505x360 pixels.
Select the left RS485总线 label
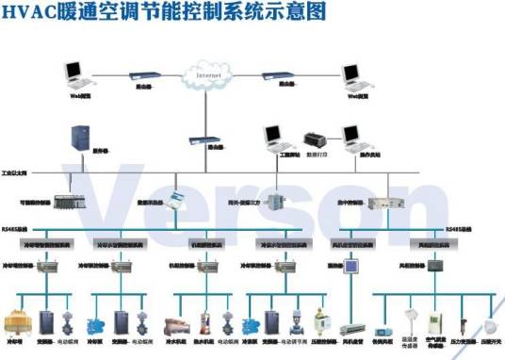[15, 227]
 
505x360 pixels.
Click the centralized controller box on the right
[385, 202]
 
